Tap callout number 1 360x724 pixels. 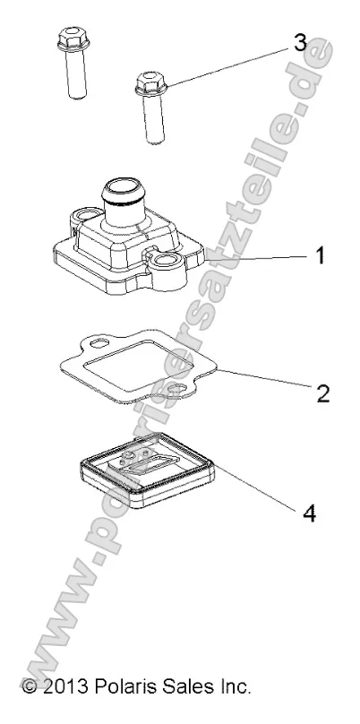[x=320, y=255]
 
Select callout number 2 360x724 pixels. [x=322, y=393]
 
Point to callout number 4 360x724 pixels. [x=310, y=513]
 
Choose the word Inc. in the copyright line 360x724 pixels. [x=235, y=685]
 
